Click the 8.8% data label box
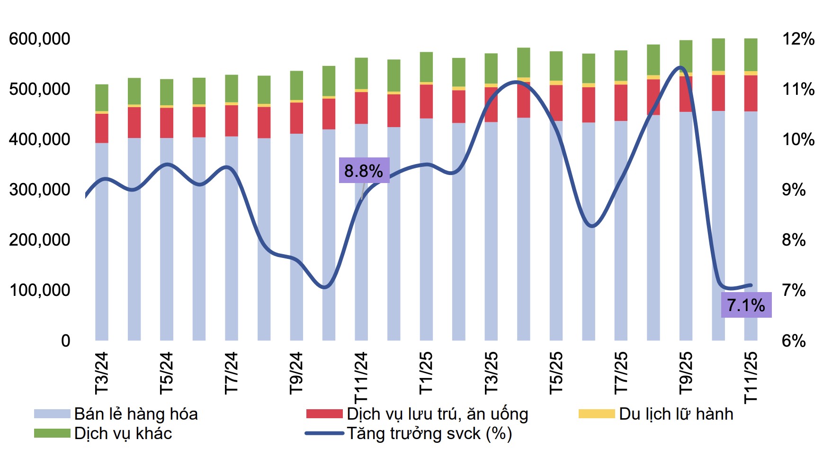click(364, 170)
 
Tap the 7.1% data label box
click(746, 305)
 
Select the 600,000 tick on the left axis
click(39, 39)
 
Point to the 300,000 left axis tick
click(39, 190)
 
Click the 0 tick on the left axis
click(65, 340)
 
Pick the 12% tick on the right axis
click(798, 39)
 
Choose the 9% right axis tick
click(794, 190)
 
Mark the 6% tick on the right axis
click(794, 340)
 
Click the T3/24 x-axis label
click(102, 373)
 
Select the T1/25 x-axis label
click(426, 373)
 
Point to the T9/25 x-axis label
click(686, 373)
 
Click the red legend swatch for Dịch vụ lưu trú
click(324, 414)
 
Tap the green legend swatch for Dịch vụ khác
click(52, 433)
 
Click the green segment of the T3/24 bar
click(102, 98)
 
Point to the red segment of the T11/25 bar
click(751, 93)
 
